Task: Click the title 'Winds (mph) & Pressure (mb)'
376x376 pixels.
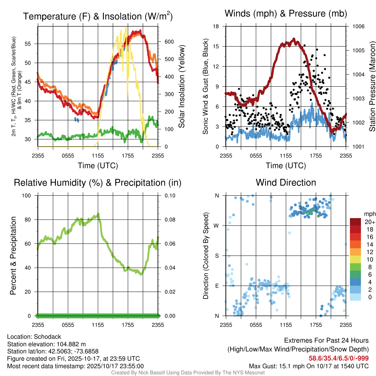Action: click(x=286, y=14)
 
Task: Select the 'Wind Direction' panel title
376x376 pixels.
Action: click(x=286, y=182)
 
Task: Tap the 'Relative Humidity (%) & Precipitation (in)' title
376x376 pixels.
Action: click(x=98, y=182)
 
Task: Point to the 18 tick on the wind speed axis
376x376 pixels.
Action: click(x=216, y=26)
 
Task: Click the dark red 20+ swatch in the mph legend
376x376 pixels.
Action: click(x=356, y=222)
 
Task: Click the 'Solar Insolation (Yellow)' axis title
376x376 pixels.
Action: click(x=182, y=87)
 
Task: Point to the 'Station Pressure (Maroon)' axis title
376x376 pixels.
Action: click(x=372, y=87)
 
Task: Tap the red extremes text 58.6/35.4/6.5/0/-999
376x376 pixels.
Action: click(x=338, y=358)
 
